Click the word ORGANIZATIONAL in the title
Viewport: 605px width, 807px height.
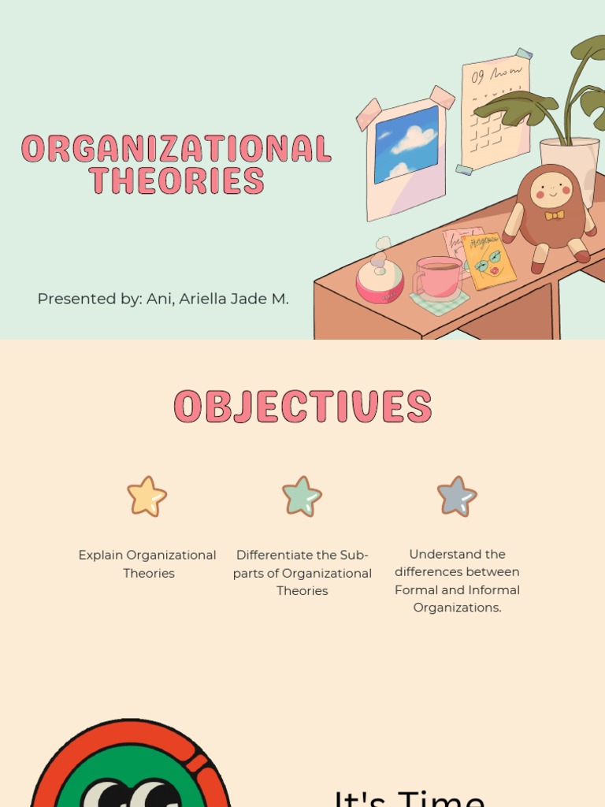176,148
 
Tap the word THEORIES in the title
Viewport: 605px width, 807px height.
176,180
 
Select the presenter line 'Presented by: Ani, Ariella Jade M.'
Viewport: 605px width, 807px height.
163,299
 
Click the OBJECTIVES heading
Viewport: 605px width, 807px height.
302,407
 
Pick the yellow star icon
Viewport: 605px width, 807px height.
147,496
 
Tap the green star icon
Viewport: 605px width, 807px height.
302,496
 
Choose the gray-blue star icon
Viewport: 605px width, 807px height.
457,496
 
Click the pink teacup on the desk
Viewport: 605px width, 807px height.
438,277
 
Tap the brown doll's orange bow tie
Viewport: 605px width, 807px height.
555,214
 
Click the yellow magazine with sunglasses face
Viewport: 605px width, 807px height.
489,261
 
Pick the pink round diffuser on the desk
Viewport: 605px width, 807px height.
380,281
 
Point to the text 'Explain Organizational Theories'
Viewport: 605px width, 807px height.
147,564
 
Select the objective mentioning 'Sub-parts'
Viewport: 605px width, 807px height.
302,573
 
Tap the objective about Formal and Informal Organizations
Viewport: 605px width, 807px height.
457,581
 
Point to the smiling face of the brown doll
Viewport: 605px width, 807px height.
551,190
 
